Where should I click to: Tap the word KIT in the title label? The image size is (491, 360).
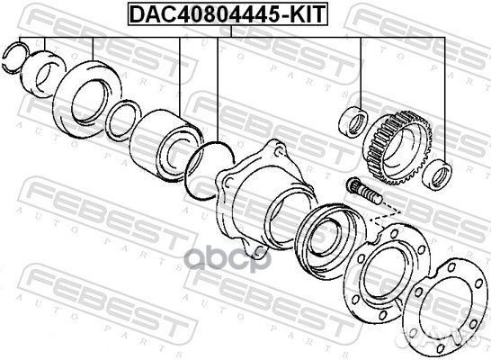[300, 13]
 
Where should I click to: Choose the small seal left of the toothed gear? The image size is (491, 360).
[352, 120]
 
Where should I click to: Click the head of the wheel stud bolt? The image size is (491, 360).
[353, 184]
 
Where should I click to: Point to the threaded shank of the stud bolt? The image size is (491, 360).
[370, 196]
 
